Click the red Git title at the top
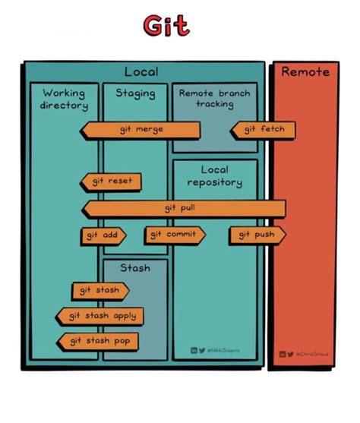coord(165,27)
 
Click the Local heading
coord(141,72)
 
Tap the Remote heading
coord(305,72)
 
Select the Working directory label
coord(64,99)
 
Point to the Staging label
coord(135,93)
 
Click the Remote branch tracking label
coord(214,99)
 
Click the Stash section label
coord(135,268)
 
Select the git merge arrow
coord(141,130)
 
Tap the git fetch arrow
coord(263,130)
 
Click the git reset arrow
coord(111,182)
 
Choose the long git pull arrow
coord(183,208)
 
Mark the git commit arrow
coord(174,235)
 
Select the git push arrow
coord(257,235)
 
